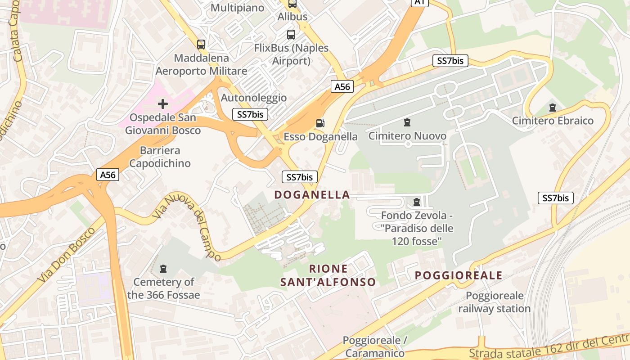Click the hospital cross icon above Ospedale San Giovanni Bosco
(x=163, y=104)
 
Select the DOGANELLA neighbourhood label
(x=312, y=195)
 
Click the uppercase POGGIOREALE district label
(x=459, y=275)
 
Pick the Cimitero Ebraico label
(x=553, y=121)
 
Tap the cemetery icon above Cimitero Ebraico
(x=553, y=108)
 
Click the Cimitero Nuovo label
(x=407, y=136)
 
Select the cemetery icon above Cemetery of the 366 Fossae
(x=163, y=269)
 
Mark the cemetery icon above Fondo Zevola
(x=417, y=202)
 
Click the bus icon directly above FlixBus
(x=291, y=34)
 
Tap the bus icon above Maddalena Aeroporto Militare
(x=201, y=44)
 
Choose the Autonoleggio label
(x=254, y=98)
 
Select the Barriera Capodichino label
(x=160, y=157)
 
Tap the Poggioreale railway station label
(x=495, y=302)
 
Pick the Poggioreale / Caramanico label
(x=375, y=346)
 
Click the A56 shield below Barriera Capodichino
(x=108, y=175)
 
